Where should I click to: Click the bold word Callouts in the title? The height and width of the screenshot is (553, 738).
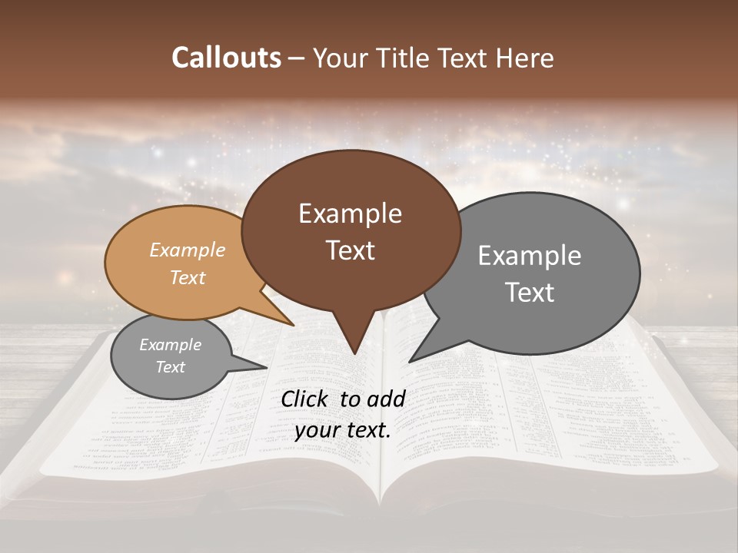click(x=226, y=58)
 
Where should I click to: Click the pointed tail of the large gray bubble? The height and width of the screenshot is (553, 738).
click(x=412, y=360)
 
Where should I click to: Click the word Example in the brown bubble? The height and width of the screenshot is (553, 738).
click(x=350, y=214)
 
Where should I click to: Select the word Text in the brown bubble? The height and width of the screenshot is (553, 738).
click(x=350, y=250)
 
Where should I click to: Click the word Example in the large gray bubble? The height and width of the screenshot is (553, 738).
click(x=529, y=256)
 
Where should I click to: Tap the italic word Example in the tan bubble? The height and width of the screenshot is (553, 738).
click(x=188, y=250)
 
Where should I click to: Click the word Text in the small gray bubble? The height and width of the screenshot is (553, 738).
click(x=171, y=367)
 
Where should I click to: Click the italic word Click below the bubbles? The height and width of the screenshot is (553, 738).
click(x=306, y=399)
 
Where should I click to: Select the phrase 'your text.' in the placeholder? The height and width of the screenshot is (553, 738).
click(x=343, y=430)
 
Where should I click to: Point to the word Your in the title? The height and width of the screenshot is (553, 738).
click(x=341, y=58)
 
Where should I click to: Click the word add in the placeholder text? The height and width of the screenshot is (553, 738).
click(x=386, y=399)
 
